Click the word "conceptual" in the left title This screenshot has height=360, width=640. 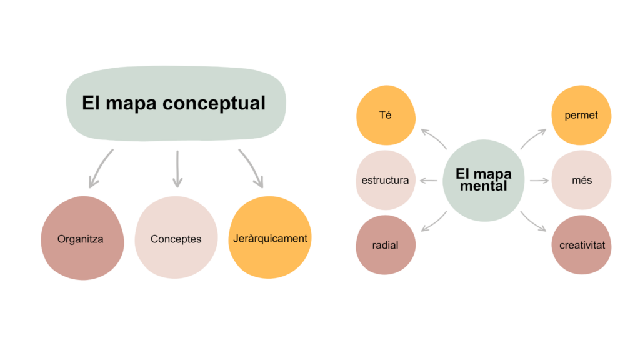click(214, 103)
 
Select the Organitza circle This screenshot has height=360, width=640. click(82, 238)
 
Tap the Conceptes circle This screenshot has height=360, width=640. click(176, 238)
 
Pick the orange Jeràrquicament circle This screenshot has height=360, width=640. click(269, 237)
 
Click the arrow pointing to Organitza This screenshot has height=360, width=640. click(99, 169)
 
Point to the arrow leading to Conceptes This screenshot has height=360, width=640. click(177, 169)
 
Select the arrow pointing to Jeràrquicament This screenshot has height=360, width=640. click(251, 169)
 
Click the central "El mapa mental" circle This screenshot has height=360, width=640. click(482, 180)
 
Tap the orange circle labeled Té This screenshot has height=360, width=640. click(386, 116)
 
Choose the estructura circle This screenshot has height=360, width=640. click(385, 180)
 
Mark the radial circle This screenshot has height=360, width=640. click(386, 245)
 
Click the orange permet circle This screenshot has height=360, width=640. click(581, 116)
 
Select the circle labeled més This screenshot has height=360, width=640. click(581, 180)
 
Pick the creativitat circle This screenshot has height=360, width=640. click(581, 245)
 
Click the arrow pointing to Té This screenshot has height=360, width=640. click(434, 139)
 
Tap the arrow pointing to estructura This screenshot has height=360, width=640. click(429, 181)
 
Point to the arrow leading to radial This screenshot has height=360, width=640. click(434, 222)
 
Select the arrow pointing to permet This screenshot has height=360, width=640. click(532, 139)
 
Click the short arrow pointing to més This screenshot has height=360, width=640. click(539, 181)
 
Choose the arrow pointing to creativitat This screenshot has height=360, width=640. click(532, 222)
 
